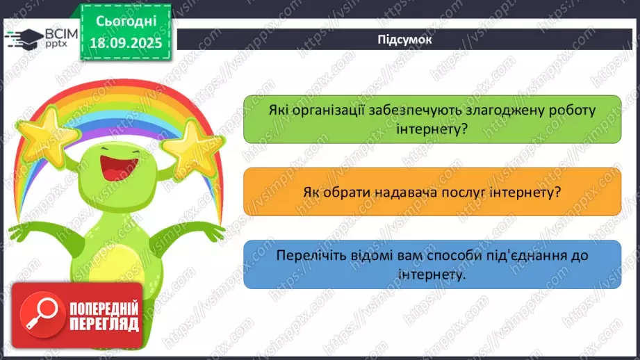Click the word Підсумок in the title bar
(x=404, y=40)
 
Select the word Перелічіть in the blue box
(x=306, y=256)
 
